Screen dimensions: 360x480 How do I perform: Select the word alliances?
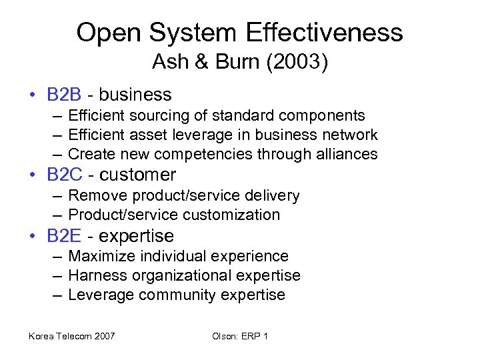347,155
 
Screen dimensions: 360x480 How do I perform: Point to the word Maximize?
100,256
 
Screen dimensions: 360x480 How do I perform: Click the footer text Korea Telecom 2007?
71,336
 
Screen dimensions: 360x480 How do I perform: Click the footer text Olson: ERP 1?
240,336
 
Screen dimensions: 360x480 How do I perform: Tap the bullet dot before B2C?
33,176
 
